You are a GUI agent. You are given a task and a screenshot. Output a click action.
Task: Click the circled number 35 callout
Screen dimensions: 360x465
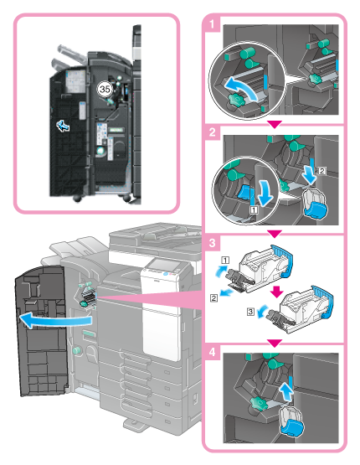pyautogui.click(x=105, y=89)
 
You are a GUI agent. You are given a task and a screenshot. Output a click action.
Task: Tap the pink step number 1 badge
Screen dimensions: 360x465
pyautogui.click(x=212, y=23)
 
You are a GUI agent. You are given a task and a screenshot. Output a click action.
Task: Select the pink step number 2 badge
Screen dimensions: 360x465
pyautogui.click(x=212, y=132)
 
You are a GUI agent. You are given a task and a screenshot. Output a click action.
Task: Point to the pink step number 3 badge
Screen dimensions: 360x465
pyautogui.click(x=212, y=243)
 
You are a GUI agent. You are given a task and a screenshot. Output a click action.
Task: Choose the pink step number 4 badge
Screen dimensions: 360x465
pyautogui.click(x=212, y=352)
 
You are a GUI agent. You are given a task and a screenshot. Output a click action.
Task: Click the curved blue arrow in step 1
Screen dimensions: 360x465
pyautogui.click(x=240, y=87)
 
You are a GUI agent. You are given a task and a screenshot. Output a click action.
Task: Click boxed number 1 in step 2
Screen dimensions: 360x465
pyautogui.click(x=254, y=209)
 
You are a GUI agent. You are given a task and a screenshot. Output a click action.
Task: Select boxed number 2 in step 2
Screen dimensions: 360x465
pyautogui.click(x=321, y=171)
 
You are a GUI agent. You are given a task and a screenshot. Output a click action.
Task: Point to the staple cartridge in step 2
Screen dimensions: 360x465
pyautogui.click(x=316, y=204)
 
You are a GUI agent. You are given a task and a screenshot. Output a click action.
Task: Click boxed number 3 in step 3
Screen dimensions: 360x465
pyautogui.click(x=250, y=312)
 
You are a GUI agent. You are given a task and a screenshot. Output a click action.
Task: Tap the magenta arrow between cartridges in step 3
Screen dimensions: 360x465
pyautogui.click(x=277, y=292)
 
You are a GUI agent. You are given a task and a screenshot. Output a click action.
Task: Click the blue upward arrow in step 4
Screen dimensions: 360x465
pyautogui.click(x=287, y=391)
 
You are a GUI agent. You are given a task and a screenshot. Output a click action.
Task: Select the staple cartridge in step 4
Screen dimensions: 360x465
pyautogui.click(x=291, y=421)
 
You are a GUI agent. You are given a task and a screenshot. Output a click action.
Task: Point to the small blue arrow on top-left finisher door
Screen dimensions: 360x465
pyautogui.click(x=63, y=126)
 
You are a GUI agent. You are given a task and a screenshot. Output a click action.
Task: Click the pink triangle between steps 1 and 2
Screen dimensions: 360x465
pyautogui.click(x=275, y=124)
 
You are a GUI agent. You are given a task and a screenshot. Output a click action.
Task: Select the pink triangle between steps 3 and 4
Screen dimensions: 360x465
pyautogui.click(x=275, y=344)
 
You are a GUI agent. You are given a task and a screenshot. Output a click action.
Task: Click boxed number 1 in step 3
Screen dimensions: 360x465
pyautogui.click(x=225, y=261)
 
